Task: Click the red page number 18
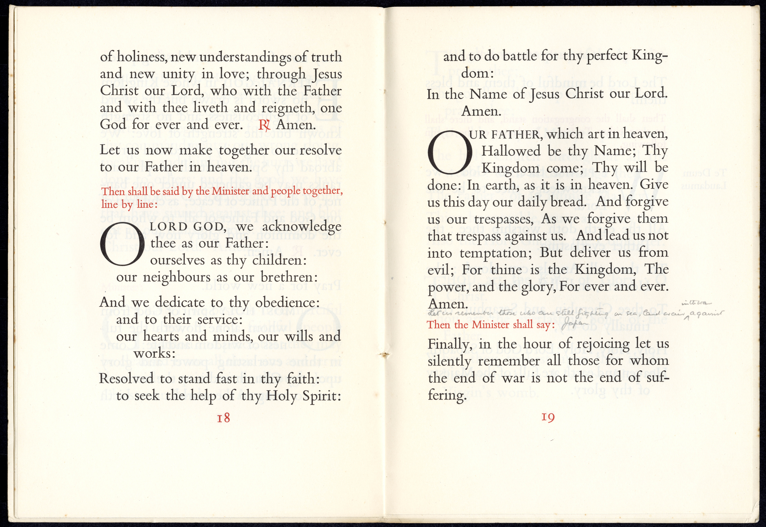(223, 418)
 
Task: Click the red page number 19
(548, 417)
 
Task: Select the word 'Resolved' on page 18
(126, 378)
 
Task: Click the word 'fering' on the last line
(447, 395)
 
